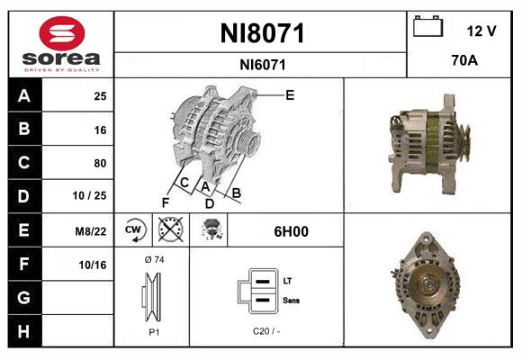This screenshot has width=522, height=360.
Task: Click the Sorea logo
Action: pos(61,45)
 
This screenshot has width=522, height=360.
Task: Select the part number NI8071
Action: pos(262,33)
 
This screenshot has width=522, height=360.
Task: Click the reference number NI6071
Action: pos(262,64)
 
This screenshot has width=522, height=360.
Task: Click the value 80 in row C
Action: pos(100,164)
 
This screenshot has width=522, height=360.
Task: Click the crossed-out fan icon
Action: pos(169,230)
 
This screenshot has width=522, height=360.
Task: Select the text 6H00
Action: pos(291,231)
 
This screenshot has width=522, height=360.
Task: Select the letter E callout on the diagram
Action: pos(290,94)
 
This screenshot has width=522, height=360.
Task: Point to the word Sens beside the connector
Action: pos(291,299)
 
